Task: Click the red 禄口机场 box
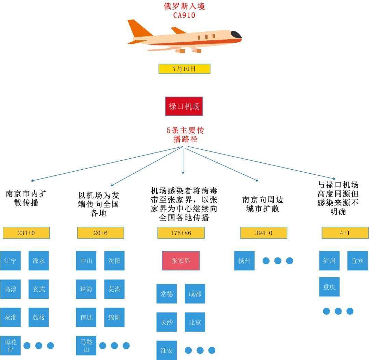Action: coord(184,106)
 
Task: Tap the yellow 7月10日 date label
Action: coord(184,69)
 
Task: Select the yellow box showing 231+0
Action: coord(26,233)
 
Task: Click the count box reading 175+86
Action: coord(181,233)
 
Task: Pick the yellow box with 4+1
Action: coord(345,233)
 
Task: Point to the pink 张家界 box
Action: coord(180,261)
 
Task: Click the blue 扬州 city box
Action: coord(244,261)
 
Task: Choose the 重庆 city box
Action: coord(329,287)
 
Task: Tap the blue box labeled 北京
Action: coord(195,322)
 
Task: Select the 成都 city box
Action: coord(195,294)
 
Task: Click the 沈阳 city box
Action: coord(114,261)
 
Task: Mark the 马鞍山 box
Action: coord(86,346)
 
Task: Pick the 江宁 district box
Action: coord(10,261)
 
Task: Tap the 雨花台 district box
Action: coord(10,346)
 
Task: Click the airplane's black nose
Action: coord(236,35)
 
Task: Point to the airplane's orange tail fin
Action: coord(138,28)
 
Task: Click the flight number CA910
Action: coord(184,15)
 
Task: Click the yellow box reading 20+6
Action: coord(100,233)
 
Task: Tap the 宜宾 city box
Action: coord(357,261)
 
